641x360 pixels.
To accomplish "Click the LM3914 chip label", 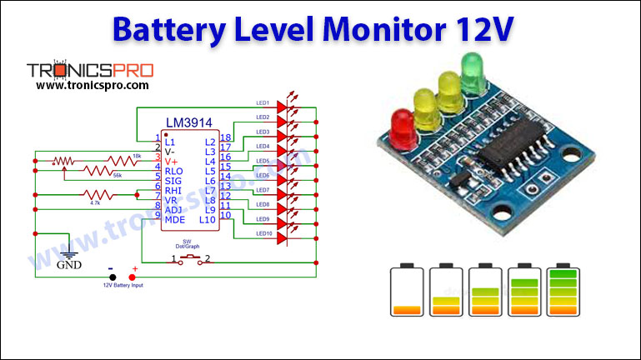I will coord(188,123).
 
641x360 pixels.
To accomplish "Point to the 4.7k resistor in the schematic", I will coord(94,196).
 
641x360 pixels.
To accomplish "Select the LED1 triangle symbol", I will coord(281,107).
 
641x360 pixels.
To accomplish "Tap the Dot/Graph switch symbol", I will coord(193,260).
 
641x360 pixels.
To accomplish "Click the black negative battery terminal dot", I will coord(111,277).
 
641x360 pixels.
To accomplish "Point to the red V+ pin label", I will coord(171,161).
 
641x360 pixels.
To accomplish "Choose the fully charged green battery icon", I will coord(563,290).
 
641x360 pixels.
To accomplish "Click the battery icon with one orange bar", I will coord(408,290).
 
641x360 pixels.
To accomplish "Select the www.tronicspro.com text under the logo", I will coord(93,85).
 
